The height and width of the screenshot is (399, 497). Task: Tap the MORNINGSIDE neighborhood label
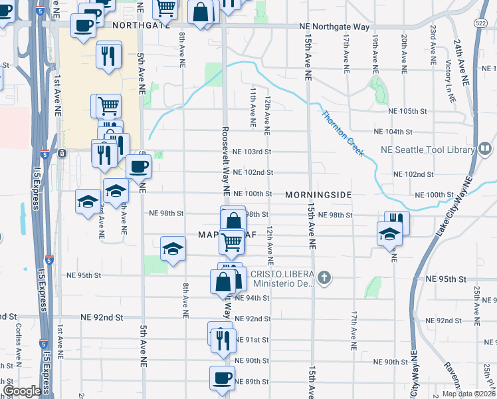pyautogui.click(x=318, y=195)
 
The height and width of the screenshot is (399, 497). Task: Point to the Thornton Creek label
pyautogui.click(x=343, y=133)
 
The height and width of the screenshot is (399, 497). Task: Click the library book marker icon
pyautogui.click(x=485, y=148)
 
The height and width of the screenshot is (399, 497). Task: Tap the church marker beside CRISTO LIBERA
pyautogui.click(x=324, y=278)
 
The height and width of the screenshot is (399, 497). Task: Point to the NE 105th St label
pyautogui.click(x=413, y=111)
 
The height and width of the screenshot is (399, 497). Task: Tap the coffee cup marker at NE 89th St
pyautogui.click(x=221, y=377)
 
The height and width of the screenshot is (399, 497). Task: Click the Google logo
pyautogui.click(x=22, y=391)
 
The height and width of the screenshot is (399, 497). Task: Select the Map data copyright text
pyautogui.click(x=468, y=394)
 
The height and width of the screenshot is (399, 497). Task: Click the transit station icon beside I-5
pyautogui.click(x=62, y=154)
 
